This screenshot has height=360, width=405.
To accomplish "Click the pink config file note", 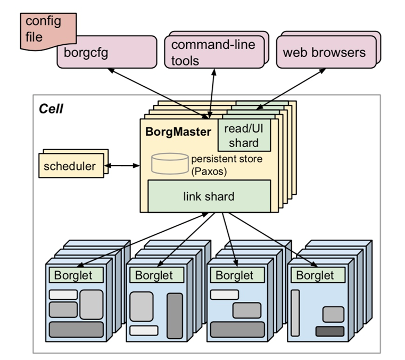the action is (x=48, y=31).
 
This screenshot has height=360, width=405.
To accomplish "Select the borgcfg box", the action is (x=107, y=52).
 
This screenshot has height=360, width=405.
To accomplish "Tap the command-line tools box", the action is (x=214, y=52).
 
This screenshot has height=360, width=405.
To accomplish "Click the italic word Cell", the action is (x=51, y=109).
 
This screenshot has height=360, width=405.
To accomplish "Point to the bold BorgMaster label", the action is (x=178, y=132).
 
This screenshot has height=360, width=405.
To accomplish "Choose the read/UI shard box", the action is (x=244, y=135).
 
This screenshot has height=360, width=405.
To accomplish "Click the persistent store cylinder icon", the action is (x=170, y=163).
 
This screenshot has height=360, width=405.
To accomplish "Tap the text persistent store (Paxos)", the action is (x=227, y=165).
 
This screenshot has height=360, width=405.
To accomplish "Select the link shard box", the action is (x=209, y=196).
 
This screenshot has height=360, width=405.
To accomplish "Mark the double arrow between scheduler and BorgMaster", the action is (x=122, y=166).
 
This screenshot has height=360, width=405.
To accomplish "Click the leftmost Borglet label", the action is (x=73, y=275).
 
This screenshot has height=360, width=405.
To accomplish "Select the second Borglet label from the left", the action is (x=154, y=275).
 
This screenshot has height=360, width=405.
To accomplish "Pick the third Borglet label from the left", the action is (x=235, y=275).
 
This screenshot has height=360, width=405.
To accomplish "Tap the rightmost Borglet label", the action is (x=315, y=275).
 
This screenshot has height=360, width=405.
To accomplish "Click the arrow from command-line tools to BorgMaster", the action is (x=212, y=94).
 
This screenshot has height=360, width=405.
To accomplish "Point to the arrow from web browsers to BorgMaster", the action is (x=291, y=88).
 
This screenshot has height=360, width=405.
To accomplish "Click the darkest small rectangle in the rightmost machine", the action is (x=330, y=331).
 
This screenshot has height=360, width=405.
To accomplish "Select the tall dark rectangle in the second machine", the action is (x=175, y=316).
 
